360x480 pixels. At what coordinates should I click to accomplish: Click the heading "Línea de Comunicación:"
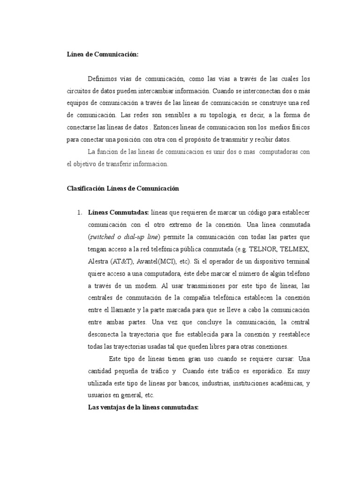point(103,54)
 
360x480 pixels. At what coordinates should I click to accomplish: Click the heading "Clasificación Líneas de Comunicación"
point(123,188)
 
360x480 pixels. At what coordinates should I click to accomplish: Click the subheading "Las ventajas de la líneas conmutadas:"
point(144,407)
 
